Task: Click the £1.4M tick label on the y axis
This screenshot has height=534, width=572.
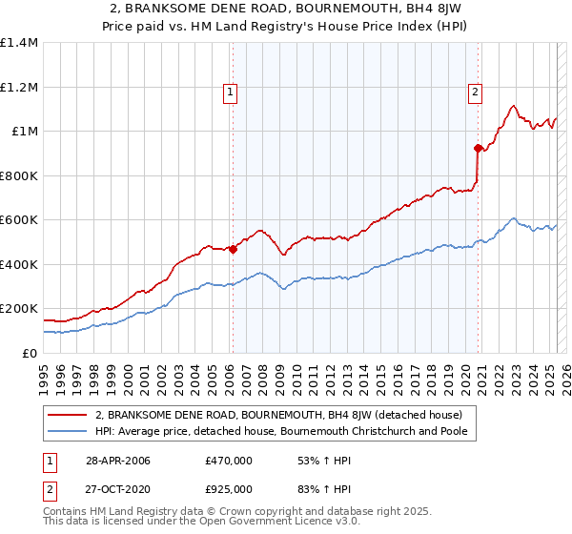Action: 19,43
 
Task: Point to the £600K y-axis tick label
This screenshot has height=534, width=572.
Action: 19,219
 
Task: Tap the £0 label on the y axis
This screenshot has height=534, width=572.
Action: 29,353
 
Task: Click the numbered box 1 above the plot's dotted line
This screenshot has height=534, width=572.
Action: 232,92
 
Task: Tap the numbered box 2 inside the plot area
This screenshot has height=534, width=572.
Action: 475,92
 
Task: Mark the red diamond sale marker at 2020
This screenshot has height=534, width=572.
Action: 478,148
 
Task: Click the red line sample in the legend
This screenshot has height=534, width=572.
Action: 68,415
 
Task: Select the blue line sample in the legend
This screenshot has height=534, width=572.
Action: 68,431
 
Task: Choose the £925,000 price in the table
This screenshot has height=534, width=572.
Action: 228,488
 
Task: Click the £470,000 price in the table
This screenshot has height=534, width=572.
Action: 228,461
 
